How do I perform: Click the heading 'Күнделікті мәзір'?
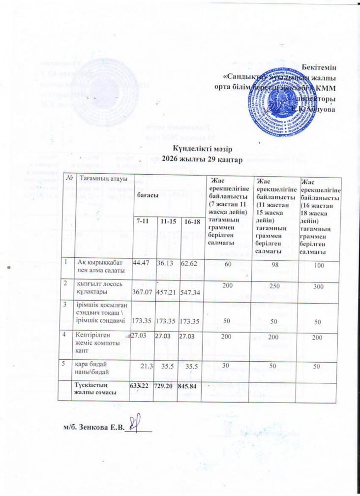[202, 149]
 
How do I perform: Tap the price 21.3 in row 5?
[145, 367]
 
